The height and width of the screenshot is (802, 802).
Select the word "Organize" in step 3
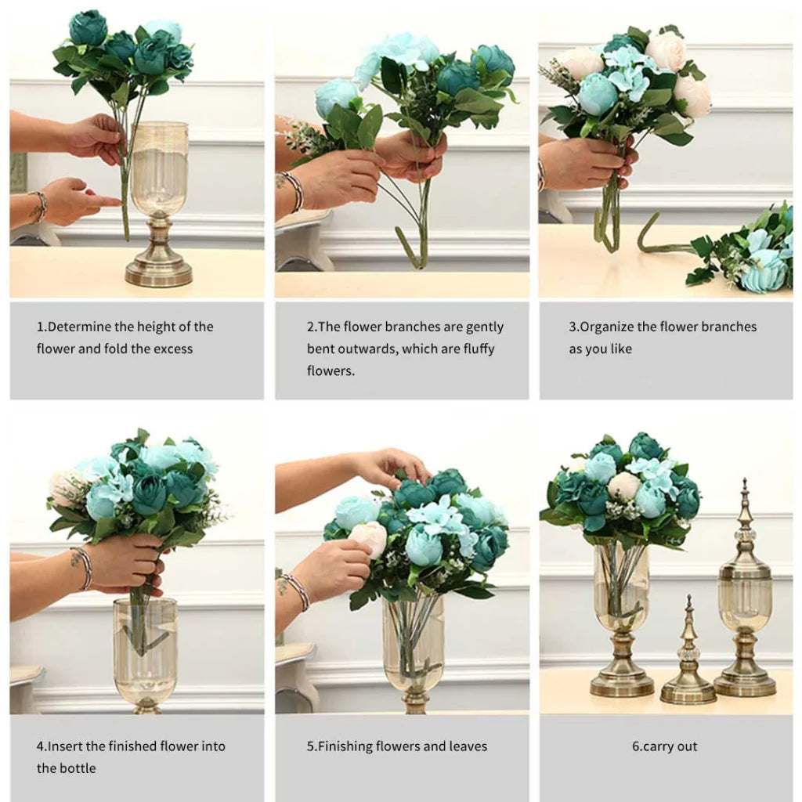[x=606, y=327]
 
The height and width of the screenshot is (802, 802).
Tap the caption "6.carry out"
[x=665, y=746]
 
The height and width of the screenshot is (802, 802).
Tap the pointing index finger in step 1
[x=102, y=200]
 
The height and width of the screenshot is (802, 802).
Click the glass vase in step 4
[x=145, y=650]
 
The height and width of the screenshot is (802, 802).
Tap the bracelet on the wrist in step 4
[x=81, y=568]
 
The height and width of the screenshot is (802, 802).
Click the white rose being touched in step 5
[x=369, y=538]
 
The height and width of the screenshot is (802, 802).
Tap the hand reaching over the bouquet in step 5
[x=388, y=466]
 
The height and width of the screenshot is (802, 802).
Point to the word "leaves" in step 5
[x=468, y=746]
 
